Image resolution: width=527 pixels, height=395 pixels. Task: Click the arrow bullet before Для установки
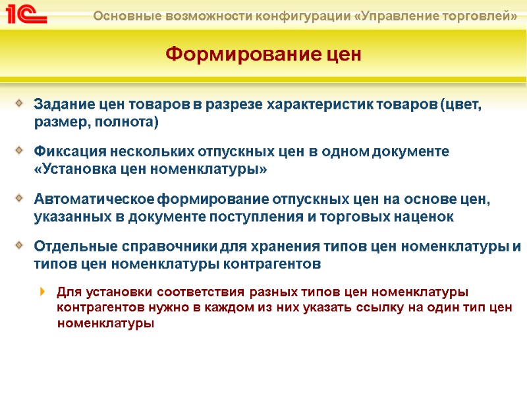[x=43, y=291]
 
